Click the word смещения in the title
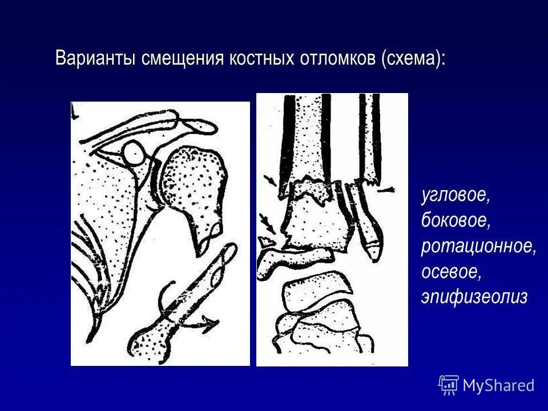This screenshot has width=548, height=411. [175, 59]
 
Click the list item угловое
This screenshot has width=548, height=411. [455, 196]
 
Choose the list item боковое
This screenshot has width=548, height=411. [455, 221]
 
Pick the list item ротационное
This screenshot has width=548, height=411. [478, 246]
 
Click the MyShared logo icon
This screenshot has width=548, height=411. [449, 385]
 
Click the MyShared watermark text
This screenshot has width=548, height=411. [498, 386]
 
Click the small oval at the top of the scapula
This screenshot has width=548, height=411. [135, 153]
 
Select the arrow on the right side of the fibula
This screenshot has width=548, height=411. [385, 190]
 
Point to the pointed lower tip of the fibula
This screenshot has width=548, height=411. [372, 249]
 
